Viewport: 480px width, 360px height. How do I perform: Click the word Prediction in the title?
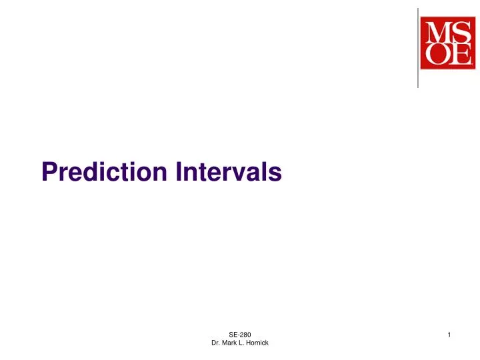click(105, 173)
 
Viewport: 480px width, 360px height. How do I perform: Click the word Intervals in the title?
click(229, 173)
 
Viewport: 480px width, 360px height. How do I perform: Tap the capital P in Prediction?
click(49, 173)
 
